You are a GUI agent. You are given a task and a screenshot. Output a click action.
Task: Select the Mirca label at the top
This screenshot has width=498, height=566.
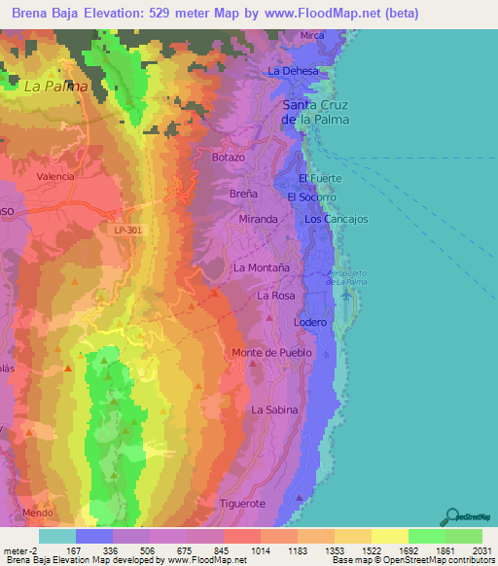point(311,35)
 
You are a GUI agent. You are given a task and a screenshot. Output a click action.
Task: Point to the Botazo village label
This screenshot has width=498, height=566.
point(229,157)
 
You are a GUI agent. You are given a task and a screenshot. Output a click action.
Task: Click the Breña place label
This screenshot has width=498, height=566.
point(242,193)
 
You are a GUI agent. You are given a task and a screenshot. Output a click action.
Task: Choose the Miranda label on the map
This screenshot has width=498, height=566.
point(258,219)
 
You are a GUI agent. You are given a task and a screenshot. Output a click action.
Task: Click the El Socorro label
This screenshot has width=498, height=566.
point(311,196)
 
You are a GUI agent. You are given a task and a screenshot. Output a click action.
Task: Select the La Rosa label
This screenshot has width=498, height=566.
point(275,295)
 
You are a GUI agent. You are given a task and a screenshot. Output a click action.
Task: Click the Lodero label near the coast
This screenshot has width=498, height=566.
point(309,322)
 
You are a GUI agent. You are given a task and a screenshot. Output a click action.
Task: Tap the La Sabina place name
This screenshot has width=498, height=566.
point(274,410)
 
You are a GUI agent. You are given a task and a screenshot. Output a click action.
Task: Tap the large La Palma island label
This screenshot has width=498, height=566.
point(55,86)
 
